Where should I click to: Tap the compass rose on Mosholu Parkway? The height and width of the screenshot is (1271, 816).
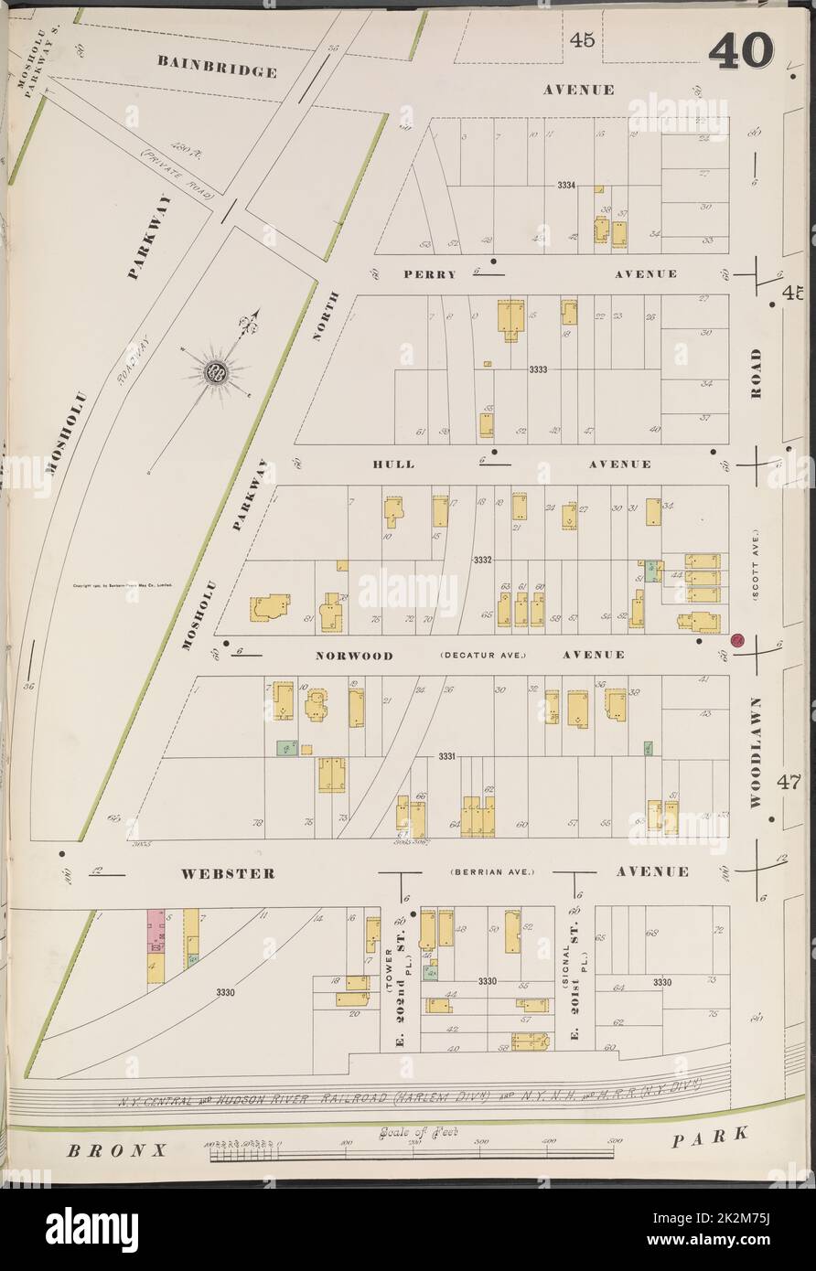click(x=217, y=371)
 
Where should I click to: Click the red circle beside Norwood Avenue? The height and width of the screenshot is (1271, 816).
click(x=738, y=642)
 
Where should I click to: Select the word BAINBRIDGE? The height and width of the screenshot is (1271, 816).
click(x=216, y=66)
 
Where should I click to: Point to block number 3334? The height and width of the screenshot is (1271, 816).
click(x=566, y=186)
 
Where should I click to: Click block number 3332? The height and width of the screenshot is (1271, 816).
click(x=483, y=559)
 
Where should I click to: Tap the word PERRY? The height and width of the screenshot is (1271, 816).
click(x=429, y=274)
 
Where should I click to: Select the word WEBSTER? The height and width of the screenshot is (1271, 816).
click(x=227, y=873)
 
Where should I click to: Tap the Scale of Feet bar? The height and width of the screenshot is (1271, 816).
click(x=412, y=1154)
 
